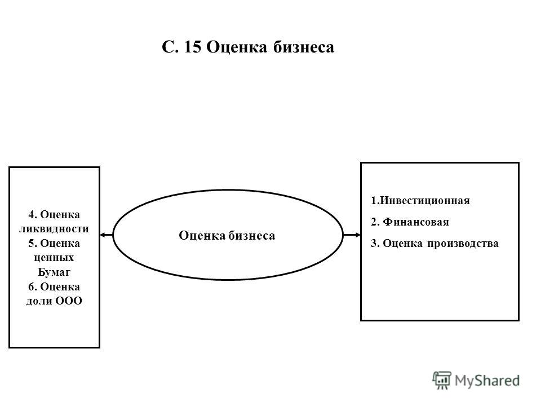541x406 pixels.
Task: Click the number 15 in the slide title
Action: [193, 47]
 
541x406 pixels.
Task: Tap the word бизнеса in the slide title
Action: [304, 47]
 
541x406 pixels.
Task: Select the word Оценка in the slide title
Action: [237, 47]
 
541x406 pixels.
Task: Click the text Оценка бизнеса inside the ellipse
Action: [227, 236]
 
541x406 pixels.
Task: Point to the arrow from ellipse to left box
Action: [107, 235]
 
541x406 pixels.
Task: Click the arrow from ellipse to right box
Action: [352, 235]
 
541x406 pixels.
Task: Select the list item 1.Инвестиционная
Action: [420, 201]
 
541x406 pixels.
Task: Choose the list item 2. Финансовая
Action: [410, 222]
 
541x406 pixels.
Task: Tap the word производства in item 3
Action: [463, 244]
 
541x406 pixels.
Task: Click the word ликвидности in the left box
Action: [54, 229]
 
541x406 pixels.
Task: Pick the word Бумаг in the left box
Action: [54, 272]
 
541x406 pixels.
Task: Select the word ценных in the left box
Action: [54, 258]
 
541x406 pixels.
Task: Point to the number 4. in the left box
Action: [33, 215]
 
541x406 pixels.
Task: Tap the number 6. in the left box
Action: [33, 286]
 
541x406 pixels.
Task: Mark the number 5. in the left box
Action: [33, 244]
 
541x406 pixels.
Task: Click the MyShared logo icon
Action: [442, 380]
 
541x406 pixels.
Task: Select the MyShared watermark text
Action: [487, 381]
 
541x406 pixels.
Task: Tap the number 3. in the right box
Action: [375, 244]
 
